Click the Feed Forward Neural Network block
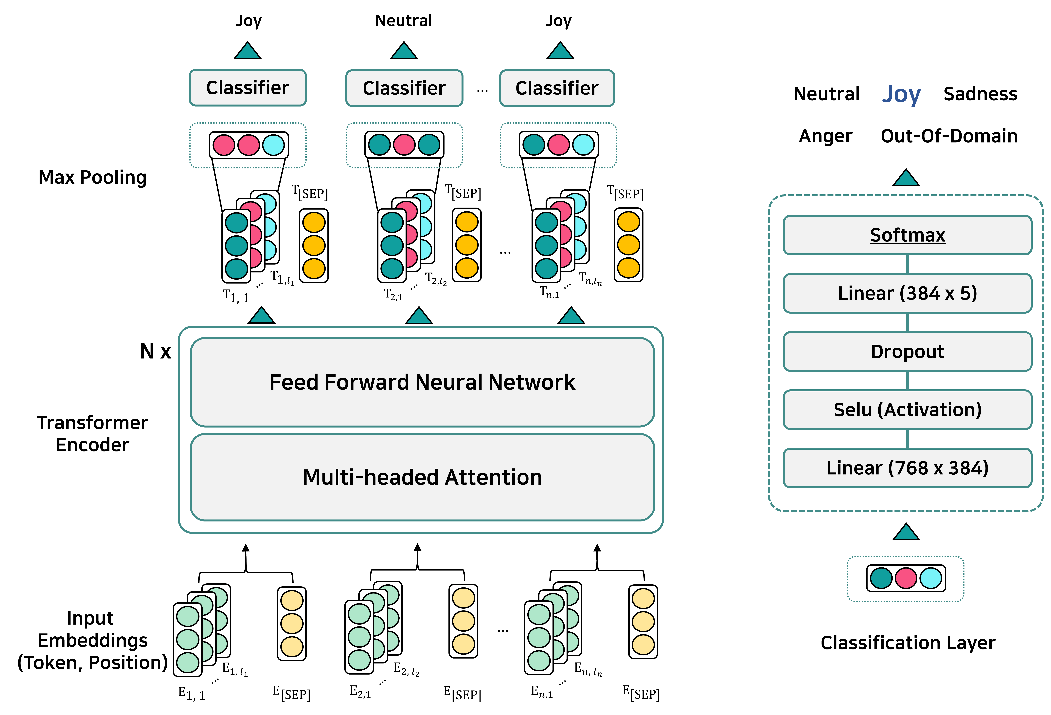tap(422, 382)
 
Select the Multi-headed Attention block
tap(422, 477)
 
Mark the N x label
tap(155, 351)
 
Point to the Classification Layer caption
tap(908, 643)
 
